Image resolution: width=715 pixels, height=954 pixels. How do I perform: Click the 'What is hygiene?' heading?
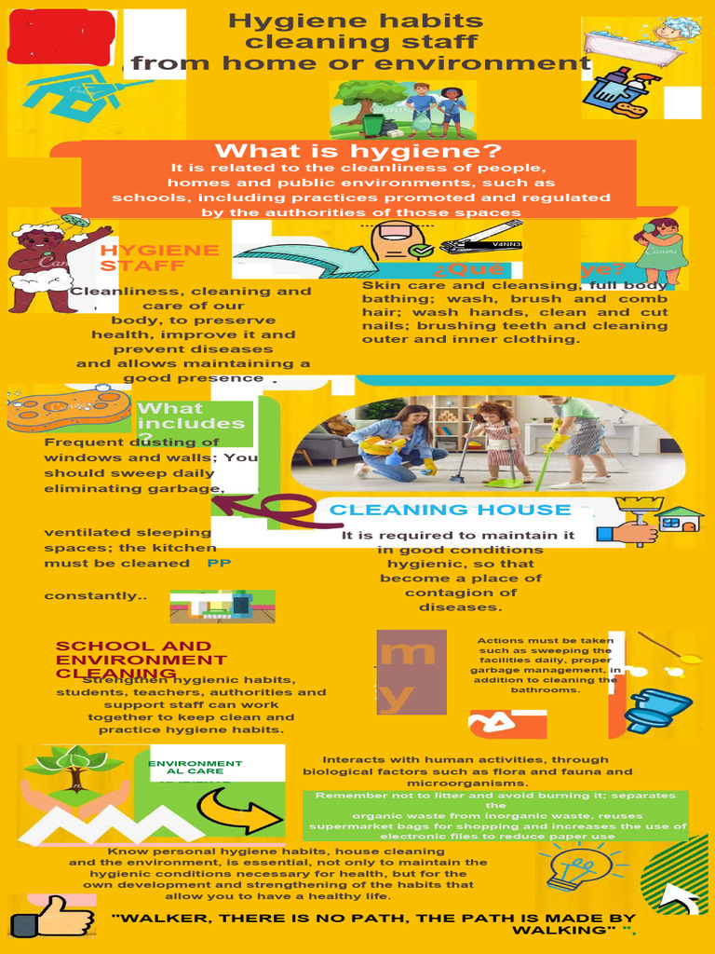pos(358,151)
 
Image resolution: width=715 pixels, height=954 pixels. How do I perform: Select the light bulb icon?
pos(571,869)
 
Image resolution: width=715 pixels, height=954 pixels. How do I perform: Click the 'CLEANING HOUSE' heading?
pos(450,510)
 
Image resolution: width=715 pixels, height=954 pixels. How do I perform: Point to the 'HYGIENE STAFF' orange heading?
pos(159,258)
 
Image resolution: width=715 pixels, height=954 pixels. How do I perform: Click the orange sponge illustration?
pos(71,409)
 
